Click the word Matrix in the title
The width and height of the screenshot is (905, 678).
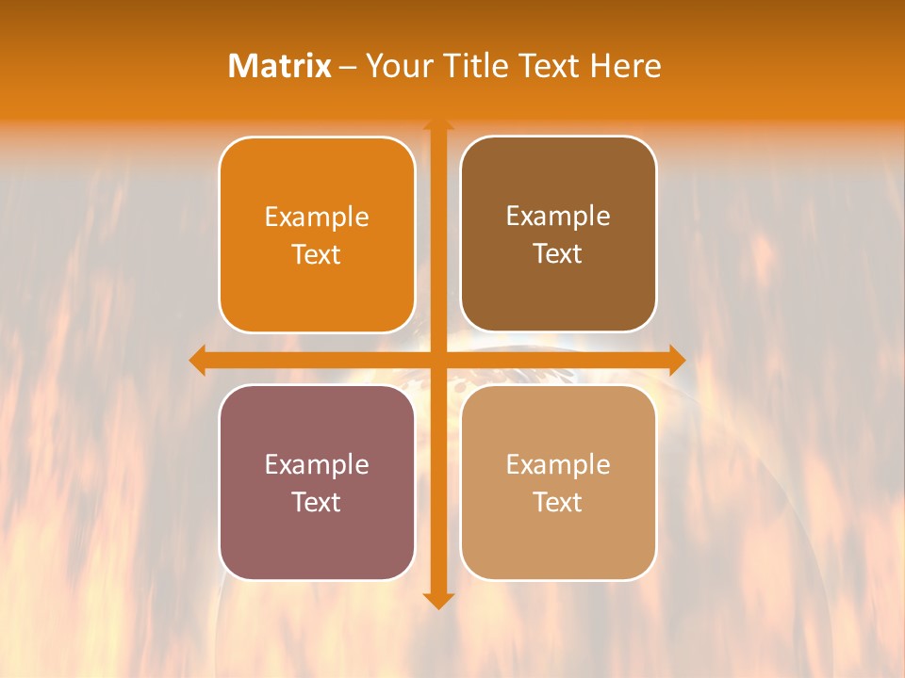pos(280,66)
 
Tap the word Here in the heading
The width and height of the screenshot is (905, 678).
pos(625,66)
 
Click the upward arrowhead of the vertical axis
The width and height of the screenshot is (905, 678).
pos(438,125)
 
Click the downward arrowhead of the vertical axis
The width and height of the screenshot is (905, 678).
pos(438,600)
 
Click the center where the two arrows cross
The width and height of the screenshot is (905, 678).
pos(438,360)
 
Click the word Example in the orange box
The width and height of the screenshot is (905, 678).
pos(317,218)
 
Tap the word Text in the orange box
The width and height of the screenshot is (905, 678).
pos(317,255)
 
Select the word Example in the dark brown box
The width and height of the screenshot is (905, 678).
pos(558,217)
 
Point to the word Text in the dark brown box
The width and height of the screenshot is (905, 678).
pos(558,254)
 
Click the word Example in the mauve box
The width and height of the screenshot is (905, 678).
pos(317,465)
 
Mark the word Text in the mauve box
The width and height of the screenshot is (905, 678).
pos(317,503)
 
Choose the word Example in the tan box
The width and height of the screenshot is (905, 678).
pos(558,465)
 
